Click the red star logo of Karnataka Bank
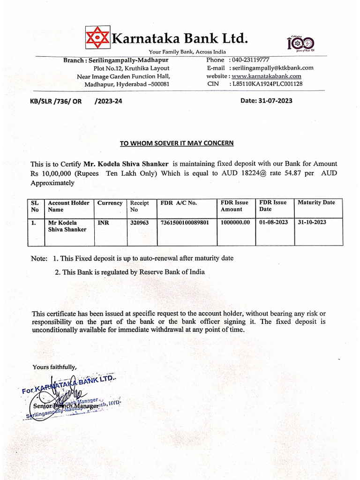click(97, 37)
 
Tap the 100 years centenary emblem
click(300, 44)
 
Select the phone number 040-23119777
click(249, 60)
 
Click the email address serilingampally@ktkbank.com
click(271, 68)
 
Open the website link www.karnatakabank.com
click(266, 76)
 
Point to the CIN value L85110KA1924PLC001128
click(266, 84)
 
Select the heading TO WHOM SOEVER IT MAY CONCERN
click(177, 143)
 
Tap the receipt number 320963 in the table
click(139, 223)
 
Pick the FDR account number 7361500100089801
click(185, 223)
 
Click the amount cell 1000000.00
click(235, 223)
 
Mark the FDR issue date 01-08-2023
click(274, 223)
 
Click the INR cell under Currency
click(103, 223)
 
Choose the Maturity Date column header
click(316, 202)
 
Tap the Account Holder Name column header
click(68, 206)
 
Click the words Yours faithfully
click(54, 367)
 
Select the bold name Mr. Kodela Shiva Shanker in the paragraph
click(126, 164)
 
